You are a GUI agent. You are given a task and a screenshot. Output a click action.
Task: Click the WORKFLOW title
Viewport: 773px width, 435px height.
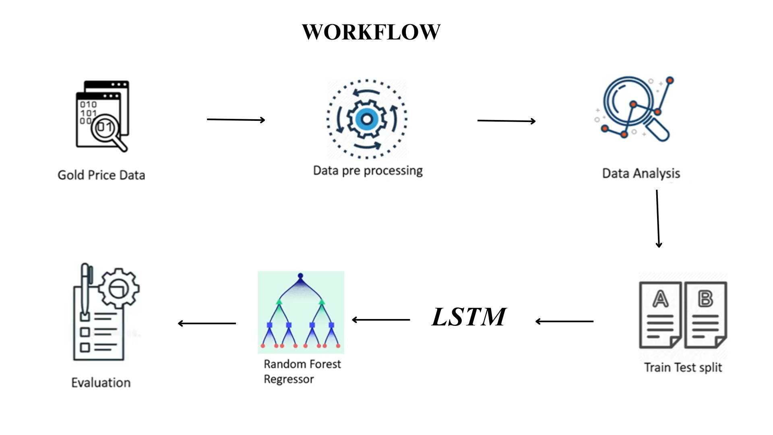(371, 32)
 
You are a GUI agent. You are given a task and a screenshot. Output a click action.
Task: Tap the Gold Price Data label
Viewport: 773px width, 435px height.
(101, 175)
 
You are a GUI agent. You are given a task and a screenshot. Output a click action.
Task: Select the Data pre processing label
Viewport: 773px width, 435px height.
(368, 171)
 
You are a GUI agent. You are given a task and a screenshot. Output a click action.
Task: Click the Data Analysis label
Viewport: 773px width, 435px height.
(641, 173)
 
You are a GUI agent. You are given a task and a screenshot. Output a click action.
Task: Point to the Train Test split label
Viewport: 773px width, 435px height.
(683, 367)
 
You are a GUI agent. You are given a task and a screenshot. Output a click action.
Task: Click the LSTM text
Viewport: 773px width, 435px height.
(469, 317)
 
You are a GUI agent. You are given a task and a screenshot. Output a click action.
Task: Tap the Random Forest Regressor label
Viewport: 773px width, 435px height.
(302, 371)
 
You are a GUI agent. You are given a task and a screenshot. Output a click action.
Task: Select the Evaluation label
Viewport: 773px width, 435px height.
(101, 383)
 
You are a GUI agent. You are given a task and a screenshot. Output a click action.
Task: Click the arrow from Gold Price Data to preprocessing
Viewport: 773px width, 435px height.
(236, 120)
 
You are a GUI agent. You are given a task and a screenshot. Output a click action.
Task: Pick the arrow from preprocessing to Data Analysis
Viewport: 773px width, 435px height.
(506, 121)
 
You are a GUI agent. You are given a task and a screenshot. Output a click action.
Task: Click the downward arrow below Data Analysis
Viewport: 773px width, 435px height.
(658, 219)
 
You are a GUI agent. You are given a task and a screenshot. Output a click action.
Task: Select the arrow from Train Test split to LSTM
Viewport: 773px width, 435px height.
(564, 321)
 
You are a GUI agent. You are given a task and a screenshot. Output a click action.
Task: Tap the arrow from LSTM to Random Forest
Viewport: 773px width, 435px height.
(381, 320)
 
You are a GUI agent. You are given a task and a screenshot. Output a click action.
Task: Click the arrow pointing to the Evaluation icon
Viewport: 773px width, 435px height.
(207, 323)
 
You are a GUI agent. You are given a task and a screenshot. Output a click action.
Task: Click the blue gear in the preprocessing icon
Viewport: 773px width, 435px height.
(367, 119)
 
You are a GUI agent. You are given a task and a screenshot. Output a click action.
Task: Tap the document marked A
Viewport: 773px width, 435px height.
(660, 315)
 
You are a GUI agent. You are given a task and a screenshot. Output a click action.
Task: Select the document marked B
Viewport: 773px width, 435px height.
(706, 315)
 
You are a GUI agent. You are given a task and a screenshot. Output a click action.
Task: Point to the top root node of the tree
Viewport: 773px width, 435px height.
(300, 276)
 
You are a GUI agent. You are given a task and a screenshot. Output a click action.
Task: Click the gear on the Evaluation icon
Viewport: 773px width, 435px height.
(119, 288)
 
